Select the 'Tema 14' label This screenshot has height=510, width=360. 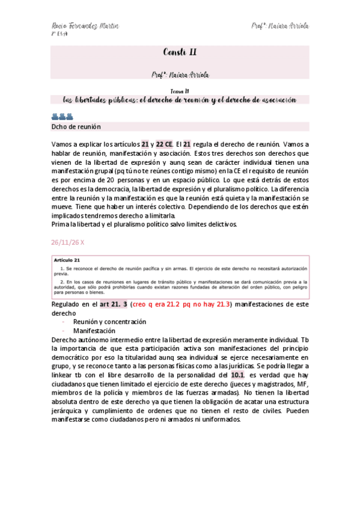(x=180, y=90)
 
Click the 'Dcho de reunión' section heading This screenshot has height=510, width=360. (x=75, y=127)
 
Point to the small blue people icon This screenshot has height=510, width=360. (x=62, y=117)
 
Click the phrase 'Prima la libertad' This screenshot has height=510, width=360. (x=76, y=224)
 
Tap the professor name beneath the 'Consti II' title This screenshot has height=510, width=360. (x=180, y=74)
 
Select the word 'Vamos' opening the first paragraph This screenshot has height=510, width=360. (x=63, y=144)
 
